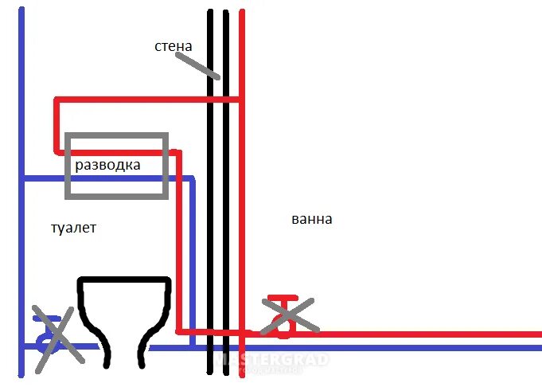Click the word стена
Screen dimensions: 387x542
[x=173, y=46]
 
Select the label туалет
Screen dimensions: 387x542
[x=72, y=228]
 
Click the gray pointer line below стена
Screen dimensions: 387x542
[x=199, y=64]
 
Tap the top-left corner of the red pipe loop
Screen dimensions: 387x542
[x=57, y=100]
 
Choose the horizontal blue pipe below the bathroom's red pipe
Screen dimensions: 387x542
[x=398, y=349]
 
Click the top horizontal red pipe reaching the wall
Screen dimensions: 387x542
[x=143, y=100]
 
